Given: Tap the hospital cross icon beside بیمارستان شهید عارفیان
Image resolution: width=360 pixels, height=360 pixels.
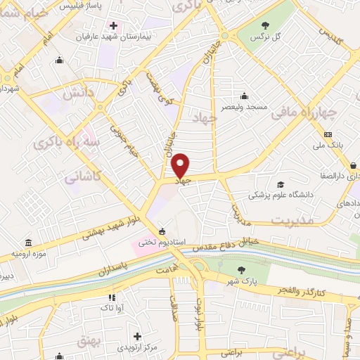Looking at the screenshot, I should pyautogui.click(x=112, y=26).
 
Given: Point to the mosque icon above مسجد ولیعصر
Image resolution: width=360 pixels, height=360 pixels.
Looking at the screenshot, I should pyautogui.click(x=244, y=96).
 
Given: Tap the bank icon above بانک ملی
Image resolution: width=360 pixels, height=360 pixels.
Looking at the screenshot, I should pyautogui.click(x=328, y=134).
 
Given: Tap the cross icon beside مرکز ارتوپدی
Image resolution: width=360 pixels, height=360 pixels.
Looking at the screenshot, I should pyautogui.click(x=138, y=336).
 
